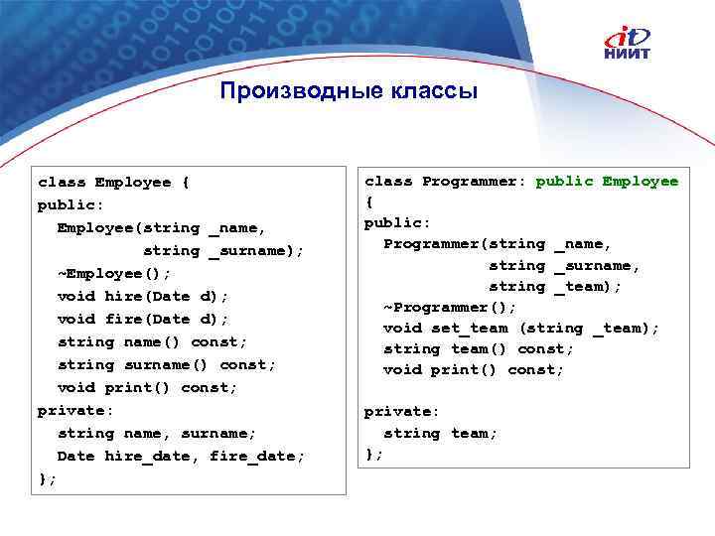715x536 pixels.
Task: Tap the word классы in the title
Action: (x=423, y=92)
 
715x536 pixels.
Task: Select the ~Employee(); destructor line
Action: (x=114, y=273)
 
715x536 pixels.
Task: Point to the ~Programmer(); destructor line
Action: (x=450, y=307)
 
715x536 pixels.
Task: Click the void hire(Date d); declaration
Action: (x=143, y=296)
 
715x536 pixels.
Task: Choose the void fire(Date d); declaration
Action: (x=143, y=319)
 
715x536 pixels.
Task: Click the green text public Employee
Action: (x=607, y=181)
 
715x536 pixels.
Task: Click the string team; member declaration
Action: (x=441, y=433)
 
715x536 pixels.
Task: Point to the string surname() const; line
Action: (x=167, y=364)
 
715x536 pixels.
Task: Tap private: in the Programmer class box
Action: (x=402, y=411)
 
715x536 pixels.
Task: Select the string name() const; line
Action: (x=152, y=341)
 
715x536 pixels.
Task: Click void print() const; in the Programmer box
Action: (x=474, y=369)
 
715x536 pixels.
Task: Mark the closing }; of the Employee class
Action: (x=47, y=478)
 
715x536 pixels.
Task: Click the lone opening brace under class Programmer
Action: (x=369, y=201)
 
